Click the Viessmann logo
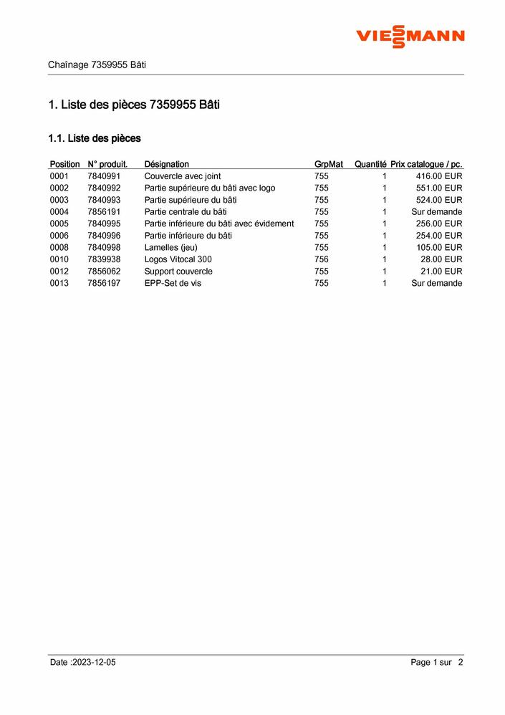coord(410,36)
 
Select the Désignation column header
coord(166,164)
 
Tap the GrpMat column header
coord(328,164)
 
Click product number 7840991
coord(104,176)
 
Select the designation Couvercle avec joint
coord(182,176)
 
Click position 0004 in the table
coord(59,212)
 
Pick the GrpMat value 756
coord(321,259)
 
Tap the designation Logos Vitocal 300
coord(178,259)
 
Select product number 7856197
coord(104,283)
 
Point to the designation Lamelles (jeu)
coord(170,247)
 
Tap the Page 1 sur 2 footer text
coord(436,663)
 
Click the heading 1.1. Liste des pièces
coord(94,138)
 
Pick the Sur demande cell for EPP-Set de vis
coord(436,283)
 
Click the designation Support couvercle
coord(178,272)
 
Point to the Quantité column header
coord(370,164)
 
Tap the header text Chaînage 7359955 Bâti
coord(97,64)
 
